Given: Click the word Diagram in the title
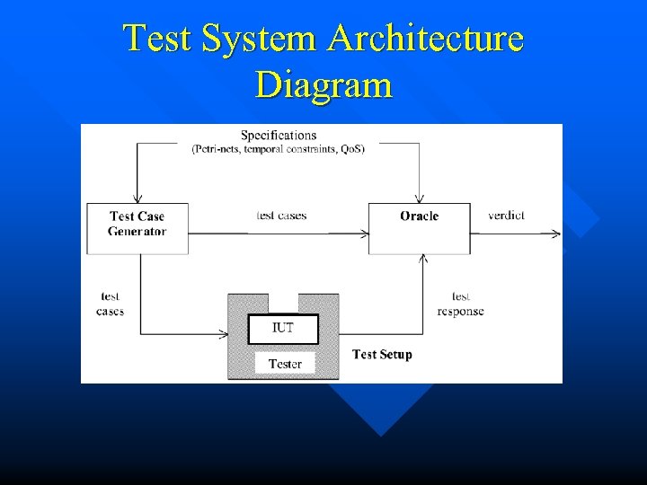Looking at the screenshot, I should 323,85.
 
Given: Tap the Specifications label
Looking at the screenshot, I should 279,136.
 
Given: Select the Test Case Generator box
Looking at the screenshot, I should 137,224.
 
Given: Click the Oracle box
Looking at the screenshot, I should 419,216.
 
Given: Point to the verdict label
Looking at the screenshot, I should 507,216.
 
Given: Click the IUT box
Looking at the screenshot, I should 283,328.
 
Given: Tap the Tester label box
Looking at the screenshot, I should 285,364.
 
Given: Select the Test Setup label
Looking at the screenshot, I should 382,355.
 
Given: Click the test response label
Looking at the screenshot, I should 460,304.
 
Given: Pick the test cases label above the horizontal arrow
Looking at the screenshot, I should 281,216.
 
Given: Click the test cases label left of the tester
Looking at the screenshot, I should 110,304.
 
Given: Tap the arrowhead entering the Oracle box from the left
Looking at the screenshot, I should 364,234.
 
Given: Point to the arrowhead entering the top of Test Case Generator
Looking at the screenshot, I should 137,199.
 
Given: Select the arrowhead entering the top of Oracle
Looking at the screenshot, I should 419,199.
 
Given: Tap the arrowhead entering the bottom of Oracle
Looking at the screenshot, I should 424,259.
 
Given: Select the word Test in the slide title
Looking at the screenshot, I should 159,40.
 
